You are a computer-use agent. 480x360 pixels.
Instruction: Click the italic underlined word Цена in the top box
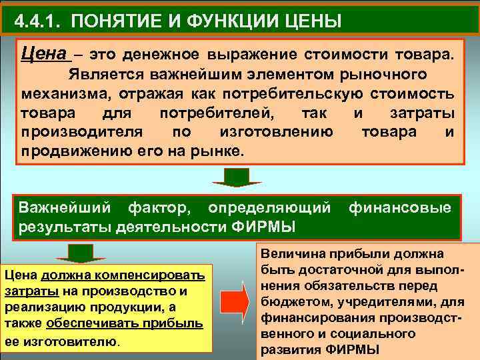(44, 52)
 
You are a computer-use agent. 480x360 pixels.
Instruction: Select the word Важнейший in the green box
(57, 207)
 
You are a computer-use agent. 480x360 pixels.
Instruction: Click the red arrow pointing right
(233, 299)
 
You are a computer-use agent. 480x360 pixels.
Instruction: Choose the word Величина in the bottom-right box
(291, 254)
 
